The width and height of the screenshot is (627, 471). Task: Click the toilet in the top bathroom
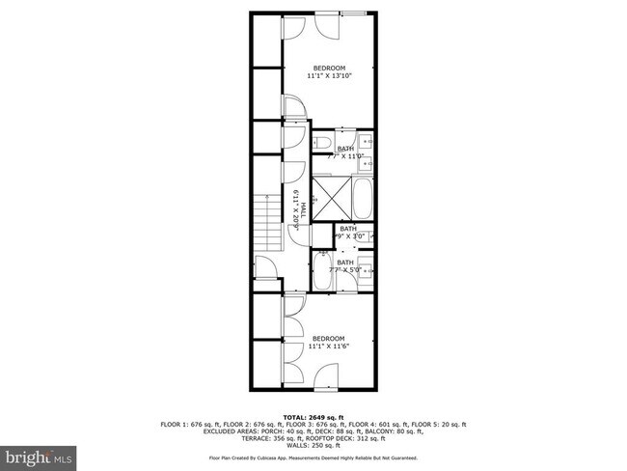click(319, 143)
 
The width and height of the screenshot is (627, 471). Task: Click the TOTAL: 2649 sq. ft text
click(313, 417)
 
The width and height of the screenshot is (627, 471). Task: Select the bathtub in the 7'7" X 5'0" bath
click(322, 271)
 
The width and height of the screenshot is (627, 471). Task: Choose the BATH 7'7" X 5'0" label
click(345, 266)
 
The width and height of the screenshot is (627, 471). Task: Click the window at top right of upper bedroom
click(353, 14)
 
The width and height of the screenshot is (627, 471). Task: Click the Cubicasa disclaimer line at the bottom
click(313, 457)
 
